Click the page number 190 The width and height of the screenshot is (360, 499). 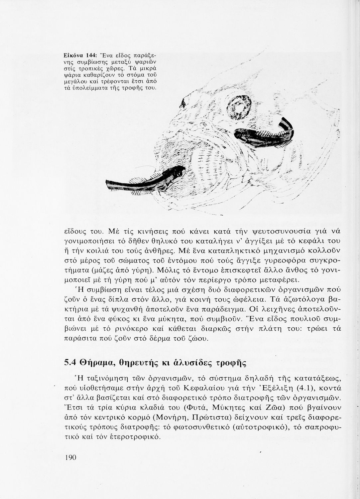click(70, 457)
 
